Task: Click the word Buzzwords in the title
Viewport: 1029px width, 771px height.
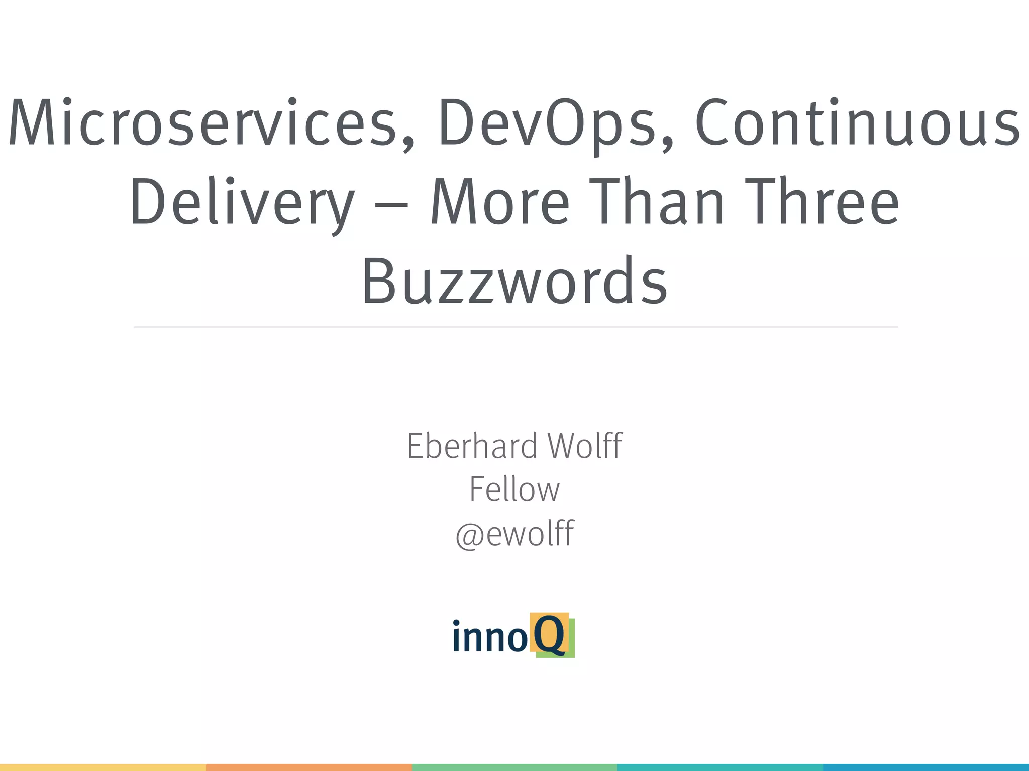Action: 514,281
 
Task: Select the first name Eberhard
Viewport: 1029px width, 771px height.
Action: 472,446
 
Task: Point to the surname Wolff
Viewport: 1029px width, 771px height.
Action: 585,446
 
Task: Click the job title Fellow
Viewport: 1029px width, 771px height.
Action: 514,489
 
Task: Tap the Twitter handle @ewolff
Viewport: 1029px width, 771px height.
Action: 514,533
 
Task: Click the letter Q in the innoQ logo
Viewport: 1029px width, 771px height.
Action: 550,634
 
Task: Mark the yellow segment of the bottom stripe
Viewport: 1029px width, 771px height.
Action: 103,767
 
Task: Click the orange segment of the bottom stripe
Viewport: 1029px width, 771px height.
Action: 309,767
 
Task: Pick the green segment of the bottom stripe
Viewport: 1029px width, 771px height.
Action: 514,767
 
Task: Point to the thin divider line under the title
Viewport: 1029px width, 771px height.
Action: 516,327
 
